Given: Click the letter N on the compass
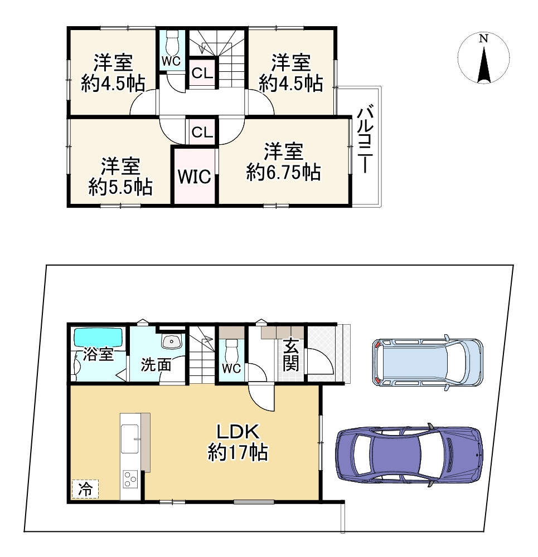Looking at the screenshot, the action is coord(483,38).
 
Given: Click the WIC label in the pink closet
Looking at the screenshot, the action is coord(195,177).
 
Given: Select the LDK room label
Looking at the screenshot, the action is coord(238,432).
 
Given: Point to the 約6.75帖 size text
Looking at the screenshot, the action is coord(283,173).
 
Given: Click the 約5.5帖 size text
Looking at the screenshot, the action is coord(120,187).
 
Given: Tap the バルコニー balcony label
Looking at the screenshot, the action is coord(365,141).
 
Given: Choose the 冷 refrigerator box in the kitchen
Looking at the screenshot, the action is coord(85,490).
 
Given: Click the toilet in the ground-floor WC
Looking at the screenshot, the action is coord(232,349).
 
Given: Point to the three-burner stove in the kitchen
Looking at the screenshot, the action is coord(130,479).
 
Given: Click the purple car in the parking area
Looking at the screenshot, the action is coord(409,455).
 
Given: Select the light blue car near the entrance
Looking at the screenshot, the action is coord(428,363).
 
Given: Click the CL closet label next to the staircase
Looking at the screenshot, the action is coord(202,73).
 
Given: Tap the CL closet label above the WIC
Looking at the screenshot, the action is coord(202,132).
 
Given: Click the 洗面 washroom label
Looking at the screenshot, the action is coord(156,365).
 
